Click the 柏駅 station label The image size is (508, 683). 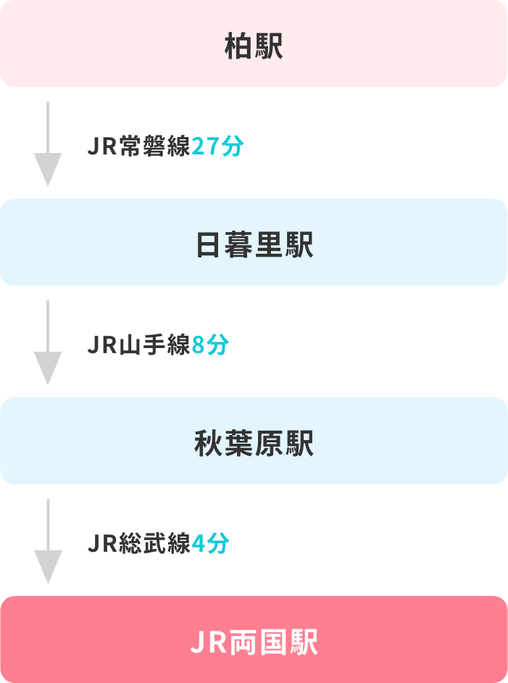[254, 48]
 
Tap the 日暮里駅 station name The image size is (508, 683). [254, 246]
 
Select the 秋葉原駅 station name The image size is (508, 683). [254, 444]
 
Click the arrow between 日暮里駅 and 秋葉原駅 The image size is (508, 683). [47, 342]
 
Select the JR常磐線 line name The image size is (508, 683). [138, 147]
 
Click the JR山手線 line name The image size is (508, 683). [138, 345]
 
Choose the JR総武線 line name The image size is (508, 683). [138, 544]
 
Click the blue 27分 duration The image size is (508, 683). [217, 147]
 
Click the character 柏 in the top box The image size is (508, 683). [238, 48]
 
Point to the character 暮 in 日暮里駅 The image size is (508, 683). [238, 246]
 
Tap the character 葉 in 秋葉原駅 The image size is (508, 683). [238, 444]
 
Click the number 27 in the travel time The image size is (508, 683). [205, 147]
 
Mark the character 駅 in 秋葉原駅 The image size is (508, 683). [299, 444]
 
